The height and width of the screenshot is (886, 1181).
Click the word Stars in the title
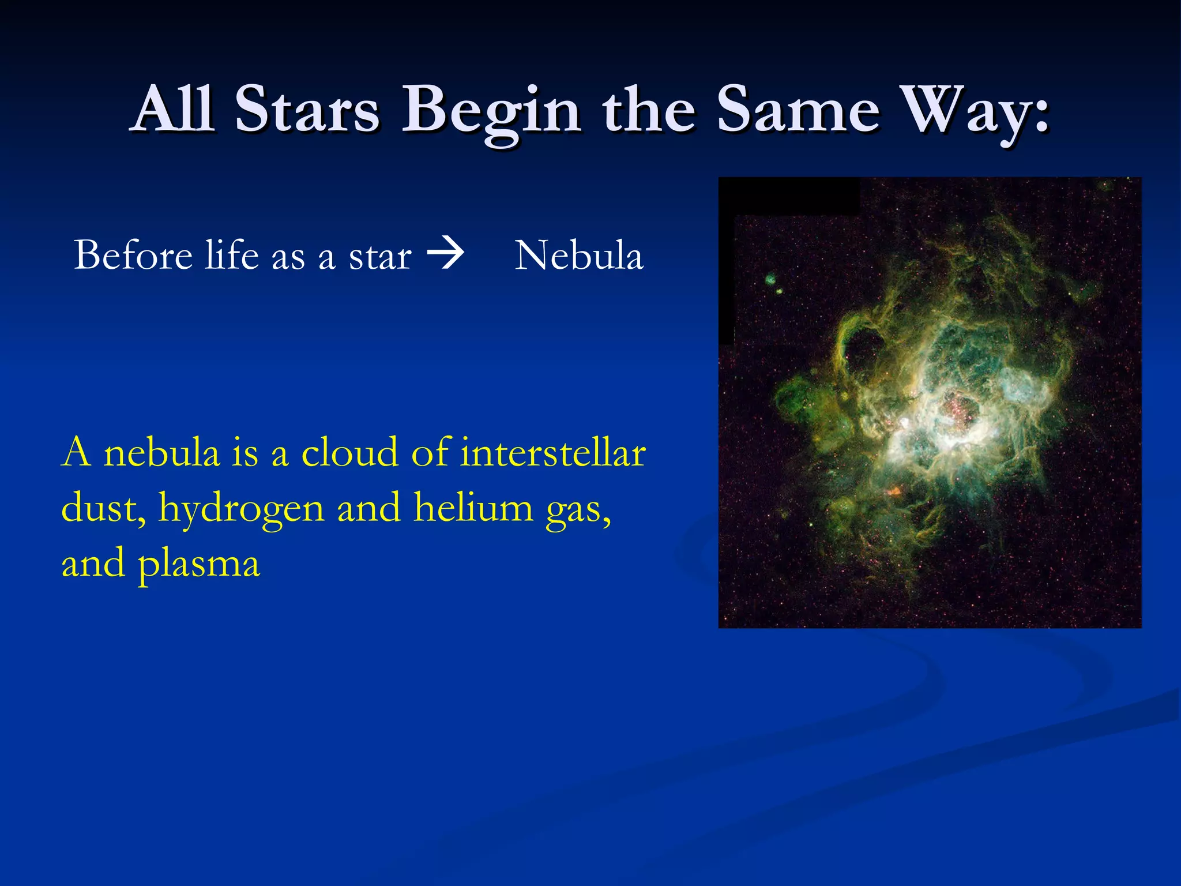click(x=307, y=110)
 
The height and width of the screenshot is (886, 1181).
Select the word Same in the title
click(x=799, y=110)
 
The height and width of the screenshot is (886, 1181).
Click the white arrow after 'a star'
click(x=445, y=254)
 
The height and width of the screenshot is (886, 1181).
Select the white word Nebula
click(x=578, y=256)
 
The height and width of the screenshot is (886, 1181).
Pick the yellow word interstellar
click(x=553, y=453)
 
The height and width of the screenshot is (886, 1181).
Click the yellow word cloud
click(x=350, y=453)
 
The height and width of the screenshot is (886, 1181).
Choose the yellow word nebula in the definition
click(x=162, y=453)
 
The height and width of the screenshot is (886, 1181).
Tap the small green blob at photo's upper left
click(x=771, y=281)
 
